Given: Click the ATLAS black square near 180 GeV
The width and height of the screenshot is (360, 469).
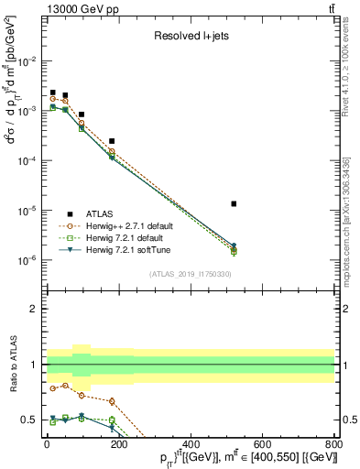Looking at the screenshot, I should coord(112,141).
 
